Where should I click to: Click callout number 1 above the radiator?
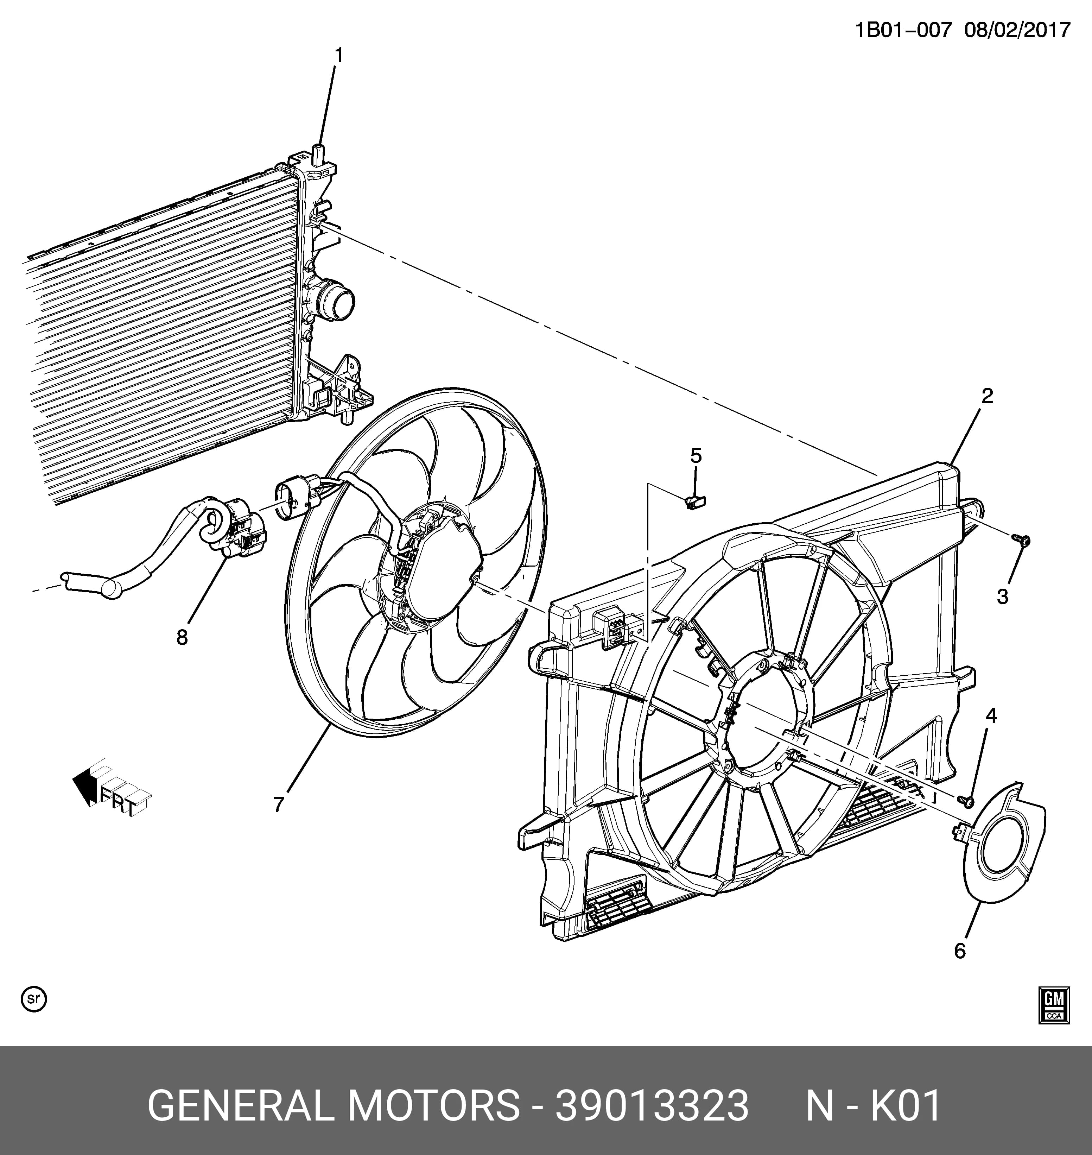coord(338,56)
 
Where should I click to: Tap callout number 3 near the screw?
coord(1002,597)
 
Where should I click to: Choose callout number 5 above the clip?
coord(696,456)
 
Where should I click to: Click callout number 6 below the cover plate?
coord(960,951)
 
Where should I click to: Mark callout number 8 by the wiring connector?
coord(182,638)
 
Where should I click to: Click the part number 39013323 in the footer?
coord(652,1106)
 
